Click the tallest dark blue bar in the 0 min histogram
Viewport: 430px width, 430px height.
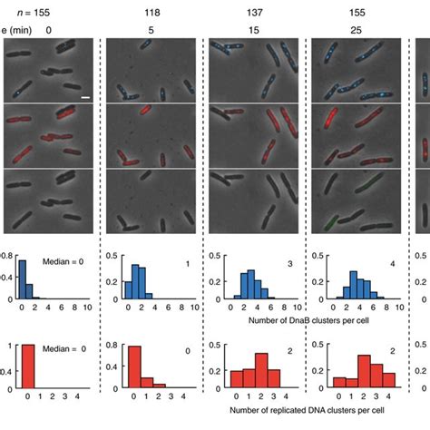coord(22,279)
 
